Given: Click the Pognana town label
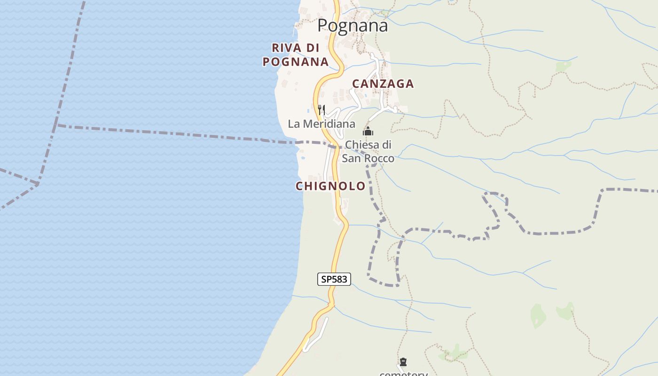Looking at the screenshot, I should pyautogui.click(x=352, y=25).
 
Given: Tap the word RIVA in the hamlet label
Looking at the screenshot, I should pyautogui.click(x=283, y=48).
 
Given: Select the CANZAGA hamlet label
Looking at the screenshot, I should pyautogui.click(x=383, y=84).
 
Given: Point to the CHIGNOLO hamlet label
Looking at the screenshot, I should pyautogui.click(x=330, y=186).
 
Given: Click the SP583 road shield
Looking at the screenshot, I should pyautogui.click(x=334, y=279).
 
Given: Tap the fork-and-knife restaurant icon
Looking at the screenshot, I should pyautogui.click(x=321, y=110).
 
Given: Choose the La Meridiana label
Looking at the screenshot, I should pyautogui.click(x=321, y=124).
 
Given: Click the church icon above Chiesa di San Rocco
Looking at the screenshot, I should pyautogui.click(x=368, y=131).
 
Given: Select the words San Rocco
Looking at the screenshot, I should pyautogui.click(x=368, y=158).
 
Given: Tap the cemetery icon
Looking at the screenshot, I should pyautogui.click(x=403, y=362).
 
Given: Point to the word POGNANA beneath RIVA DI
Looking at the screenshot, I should pyautogui.click(x=295, y=62).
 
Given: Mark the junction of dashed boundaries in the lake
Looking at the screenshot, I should pyautogui.click(x=56, y=125).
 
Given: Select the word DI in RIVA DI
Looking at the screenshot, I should pyautogui.click(x=312, y=48).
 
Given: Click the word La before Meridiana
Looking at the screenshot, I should pyautogui.click(x=294, y=124).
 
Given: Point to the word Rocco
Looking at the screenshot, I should pyautogui.click(x=379, y=158).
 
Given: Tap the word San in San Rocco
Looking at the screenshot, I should pyautogui.click(x=351, y=158).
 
